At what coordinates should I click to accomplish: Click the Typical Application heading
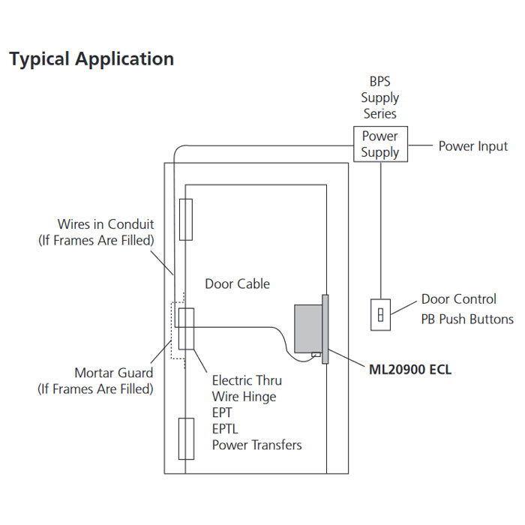point(91,59)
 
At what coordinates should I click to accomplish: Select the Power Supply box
point(380,144)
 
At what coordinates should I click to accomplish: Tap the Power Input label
point(472,146)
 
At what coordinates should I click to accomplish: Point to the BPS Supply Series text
point(380,97)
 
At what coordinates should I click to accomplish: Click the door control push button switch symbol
point(380,314)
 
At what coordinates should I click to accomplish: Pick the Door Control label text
point(458,299)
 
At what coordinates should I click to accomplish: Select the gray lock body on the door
point(307,328)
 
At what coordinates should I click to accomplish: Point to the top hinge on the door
point(186,219)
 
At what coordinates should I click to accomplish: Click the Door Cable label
point(237,283)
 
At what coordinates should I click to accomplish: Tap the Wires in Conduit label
point(106,224)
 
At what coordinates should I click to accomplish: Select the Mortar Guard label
point(113,373)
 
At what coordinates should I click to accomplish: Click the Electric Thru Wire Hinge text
point(244,388)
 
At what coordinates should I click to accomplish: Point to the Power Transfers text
point(256,445)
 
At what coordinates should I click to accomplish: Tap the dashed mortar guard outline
point(173,330)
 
